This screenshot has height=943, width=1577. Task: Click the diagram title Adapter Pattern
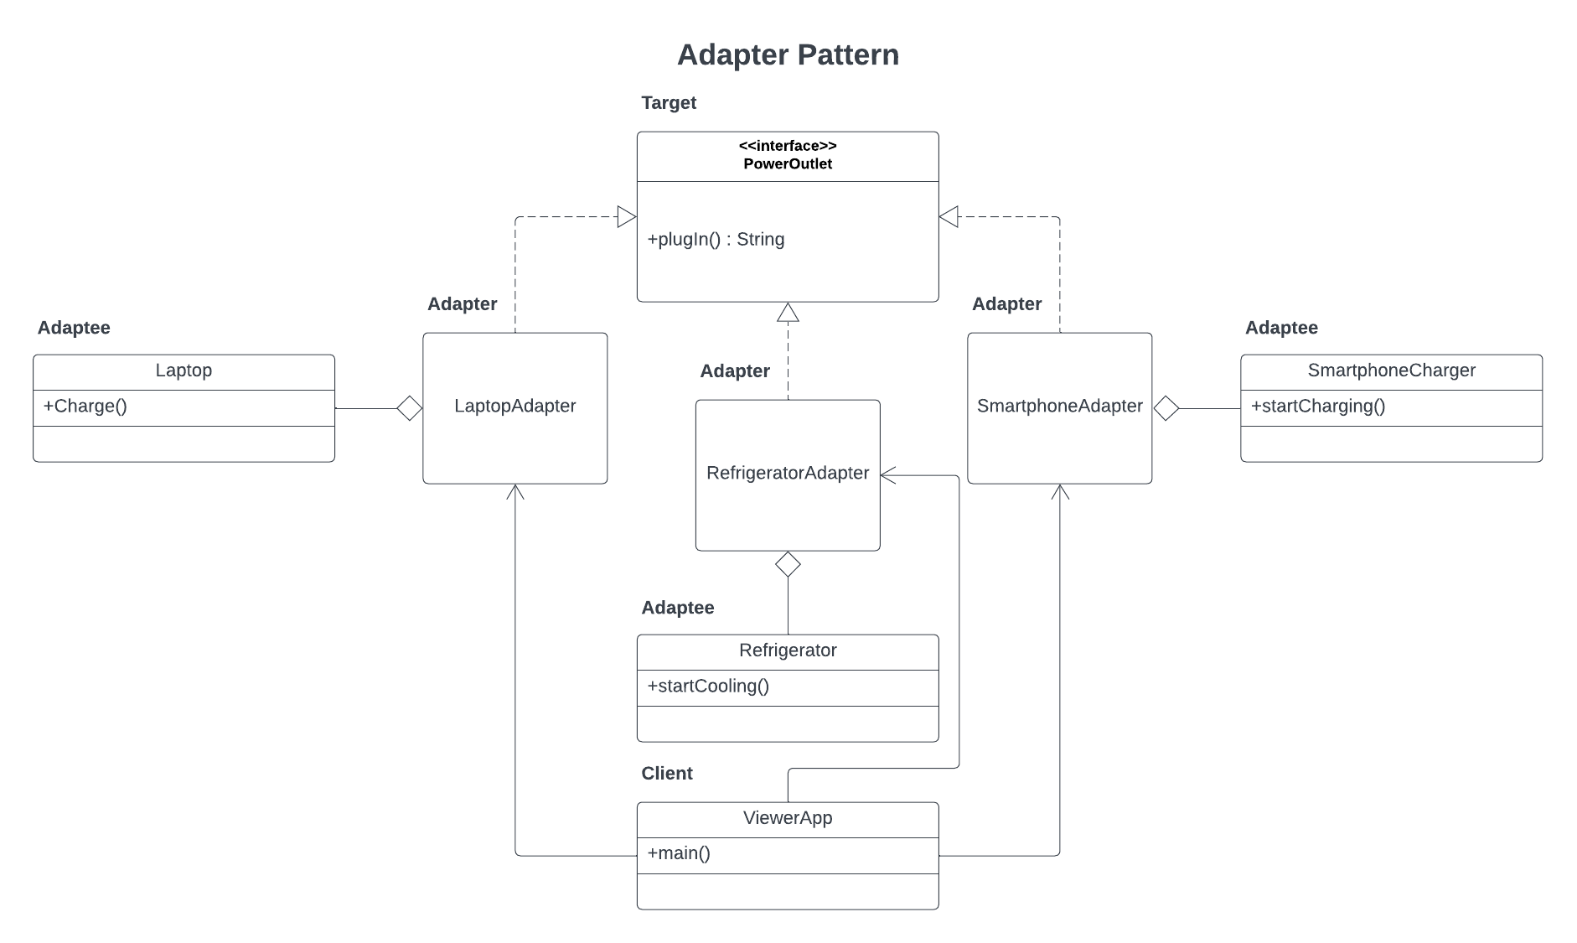coord(788,55)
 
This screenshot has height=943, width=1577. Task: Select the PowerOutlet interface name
coord(788,164)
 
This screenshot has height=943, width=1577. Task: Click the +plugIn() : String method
coord(716,240)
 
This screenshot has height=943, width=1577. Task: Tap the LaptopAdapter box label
coord(514,407)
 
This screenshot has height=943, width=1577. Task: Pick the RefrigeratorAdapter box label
coord(788,474)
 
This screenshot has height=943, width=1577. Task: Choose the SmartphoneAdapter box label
coord(1059,407)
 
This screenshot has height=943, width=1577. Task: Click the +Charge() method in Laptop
coord(85,407)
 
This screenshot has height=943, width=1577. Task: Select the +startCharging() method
coord(1317,407)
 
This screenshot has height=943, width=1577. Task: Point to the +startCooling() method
coord(708,687)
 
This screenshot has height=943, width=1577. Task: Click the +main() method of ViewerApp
coord(679,854)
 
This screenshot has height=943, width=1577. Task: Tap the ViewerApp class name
coord(788,818)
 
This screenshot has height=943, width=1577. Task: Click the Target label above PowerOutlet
coord(669,103)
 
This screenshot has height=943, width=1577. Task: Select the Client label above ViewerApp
coord(667,774)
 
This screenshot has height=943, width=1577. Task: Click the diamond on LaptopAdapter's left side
coord(409,408)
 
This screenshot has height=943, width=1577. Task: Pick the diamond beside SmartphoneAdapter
coord(1166,408)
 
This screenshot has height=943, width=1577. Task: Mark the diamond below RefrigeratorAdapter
coord(788,564)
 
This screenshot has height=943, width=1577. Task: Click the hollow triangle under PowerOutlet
coord(788,313)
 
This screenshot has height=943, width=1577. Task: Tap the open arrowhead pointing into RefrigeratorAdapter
coord(888,475)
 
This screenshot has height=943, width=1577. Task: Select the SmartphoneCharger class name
coord(1391,370)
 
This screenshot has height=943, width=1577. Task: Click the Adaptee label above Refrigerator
coord(678,608)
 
